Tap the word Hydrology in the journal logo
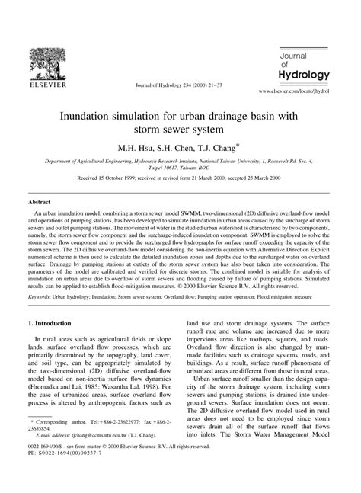(x=303, y=74)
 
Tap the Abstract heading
(x=40, y=203)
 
